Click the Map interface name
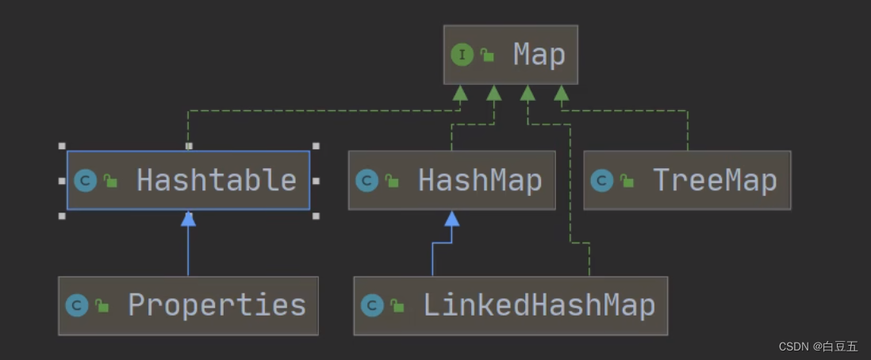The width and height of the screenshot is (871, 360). point(539,55)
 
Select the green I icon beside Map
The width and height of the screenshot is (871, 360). point(462,55)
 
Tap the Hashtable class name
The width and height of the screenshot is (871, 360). point(217,180)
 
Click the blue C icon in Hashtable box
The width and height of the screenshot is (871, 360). point(86,181)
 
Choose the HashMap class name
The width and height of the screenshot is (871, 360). point(480,180)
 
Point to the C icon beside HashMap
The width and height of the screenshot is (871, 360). point(367,181)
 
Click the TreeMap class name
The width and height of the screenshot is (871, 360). point(714,180)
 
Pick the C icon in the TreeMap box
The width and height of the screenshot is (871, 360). point(603,181)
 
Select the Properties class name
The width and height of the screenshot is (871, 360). point(217,305)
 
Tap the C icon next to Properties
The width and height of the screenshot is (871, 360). point(77,305)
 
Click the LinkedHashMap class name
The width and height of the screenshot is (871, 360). point(539,305)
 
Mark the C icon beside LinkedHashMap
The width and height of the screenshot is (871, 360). point(372,305)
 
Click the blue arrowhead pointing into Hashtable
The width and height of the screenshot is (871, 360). point(188,218)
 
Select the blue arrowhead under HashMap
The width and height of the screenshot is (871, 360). point(451,218)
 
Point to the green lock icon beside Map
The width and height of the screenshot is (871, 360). point(487,56)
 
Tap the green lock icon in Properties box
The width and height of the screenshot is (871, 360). point(102,306)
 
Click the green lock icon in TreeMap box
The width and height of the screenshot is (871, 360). point(627,182)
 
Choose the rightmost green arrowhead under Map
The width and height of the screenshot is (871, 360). point(562,93)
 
